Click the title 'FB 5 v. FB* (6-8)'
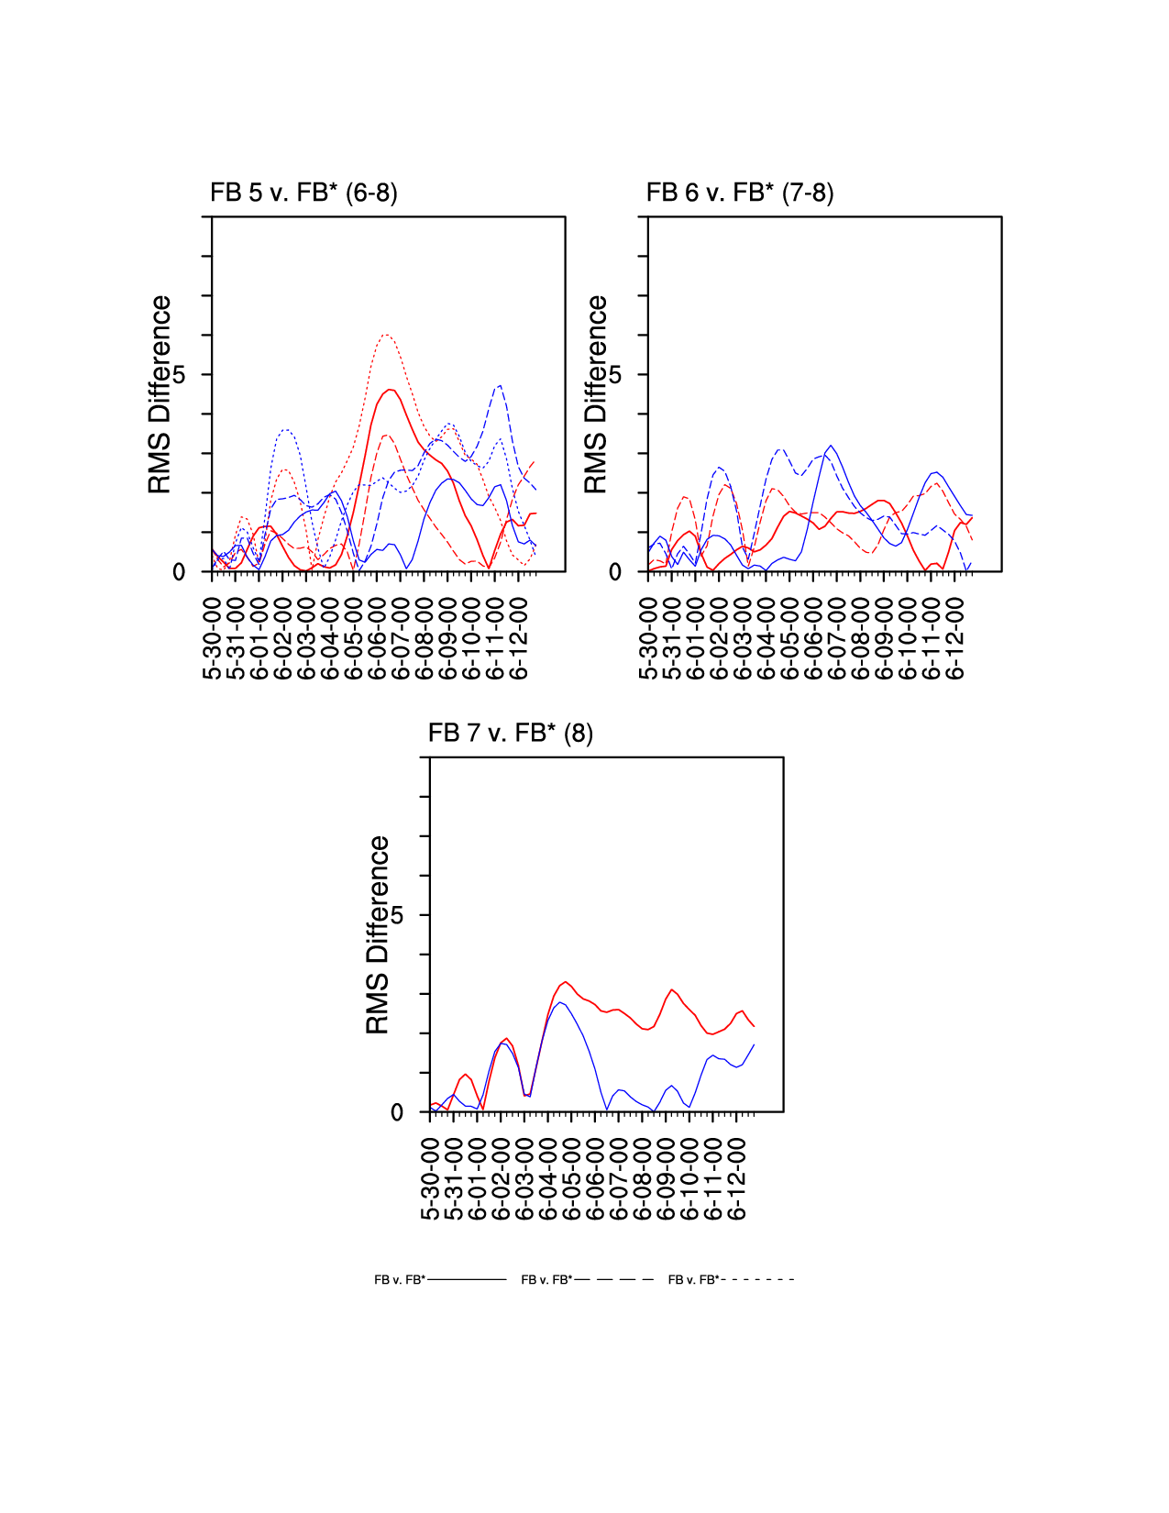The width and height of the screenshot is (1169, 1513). [303, 193]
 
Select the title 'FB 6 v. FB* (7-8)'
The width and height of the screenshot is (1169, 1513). [740, 193]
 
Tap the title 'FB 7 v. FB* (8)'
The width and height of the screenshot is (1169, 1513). [511, 734]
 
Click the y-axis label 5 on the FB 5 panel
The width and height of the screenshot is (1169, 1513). [179, 374]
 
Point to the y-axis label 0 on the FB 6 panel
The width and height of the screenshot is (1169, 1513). [615, 572]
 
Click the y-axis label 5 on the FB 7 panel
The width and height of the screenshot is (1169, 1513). [397, 915]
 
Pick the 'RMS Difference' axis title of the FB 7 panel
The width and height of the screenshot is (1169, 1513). [378, 934]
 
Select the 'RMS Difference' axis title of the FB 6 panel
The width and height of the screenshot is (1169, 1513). [596, 394]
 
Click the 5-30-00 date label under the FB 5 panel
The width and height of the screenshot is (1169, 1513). [213, 638]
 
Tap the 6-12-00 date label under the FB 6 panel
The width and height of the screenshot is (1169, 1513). [955, 638]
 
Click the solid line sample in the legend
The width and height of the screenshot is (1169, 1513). [467, 1279]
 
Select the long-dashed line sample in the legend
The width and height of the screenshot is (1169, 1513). [613, 1279]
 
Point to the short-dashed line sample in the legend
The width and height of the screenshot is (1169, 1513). [758, 1279]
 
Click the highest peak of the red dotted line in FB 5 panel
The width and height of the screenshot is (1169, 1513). [386, 335]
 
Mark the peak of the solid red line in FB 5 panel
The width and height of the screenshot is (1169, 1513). [392, 390]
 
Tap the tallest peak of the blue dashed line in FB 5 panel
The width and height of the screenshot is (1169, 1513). [500, 386]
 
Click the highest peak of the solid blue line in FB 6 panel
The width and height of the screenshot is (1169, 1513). [831, 447]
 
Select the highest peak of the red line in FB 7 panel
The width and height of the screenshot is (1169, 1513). [566, 982]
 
